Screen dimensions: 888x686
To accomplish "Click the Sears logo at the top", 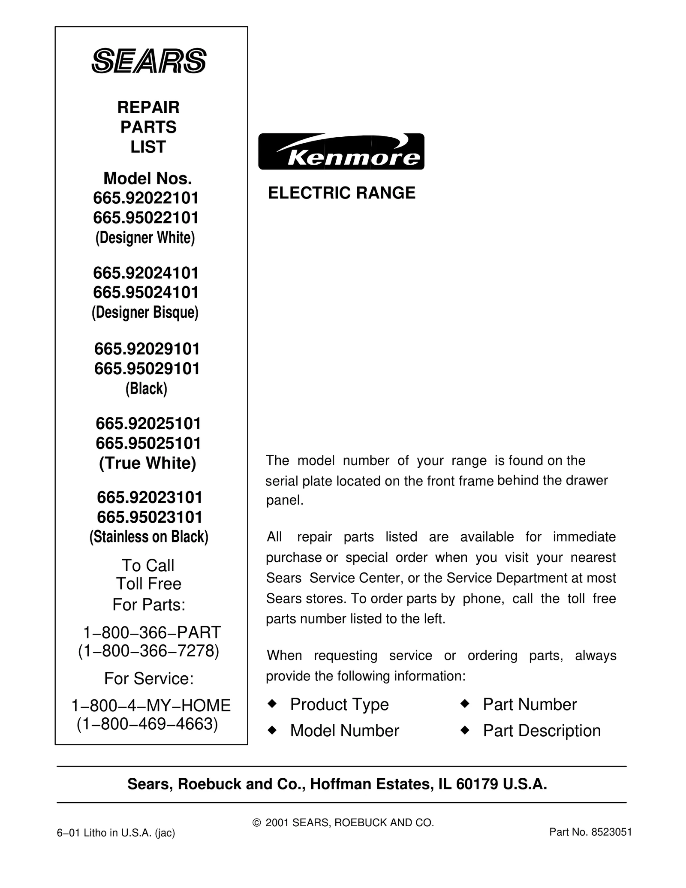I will coord(149,61).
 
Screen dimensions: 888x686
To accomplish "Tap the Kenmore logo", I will coord(341,152).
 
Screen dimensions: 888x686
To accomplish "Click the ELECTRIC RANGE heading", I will coord(342,193).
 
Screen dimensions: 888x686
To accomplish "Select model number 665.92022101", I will coord(146,198).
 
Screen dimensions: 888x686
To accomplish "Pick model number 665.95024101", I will coord(146,292).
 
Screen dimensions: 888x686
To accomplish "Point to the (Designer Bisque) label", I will coord(145,313).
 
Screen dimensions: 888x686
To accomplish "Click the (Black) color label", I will coord(146,388).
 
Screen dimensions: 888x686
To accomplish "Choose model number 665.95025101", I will coord(148,443).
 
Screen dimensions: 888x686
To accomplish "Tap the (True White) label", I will coord(147,463).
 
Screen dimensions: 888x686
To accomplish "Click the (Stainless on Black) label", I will coord(149,537).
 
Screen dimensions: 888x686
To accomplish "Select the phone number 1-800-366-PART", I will coord(152,632).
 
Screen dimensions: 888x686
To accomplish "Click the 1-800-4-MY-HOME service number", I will coord(151,705).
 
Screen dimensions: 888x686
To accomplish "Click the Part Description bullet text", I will coord(542,731).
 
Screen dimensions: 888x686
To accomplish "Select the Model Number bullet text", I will coord(344,731).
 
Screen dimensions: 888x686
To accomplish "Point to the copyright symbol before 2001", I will coord(257,823).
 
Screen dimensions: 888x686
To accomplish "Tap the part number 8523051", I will coord(611,832).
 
